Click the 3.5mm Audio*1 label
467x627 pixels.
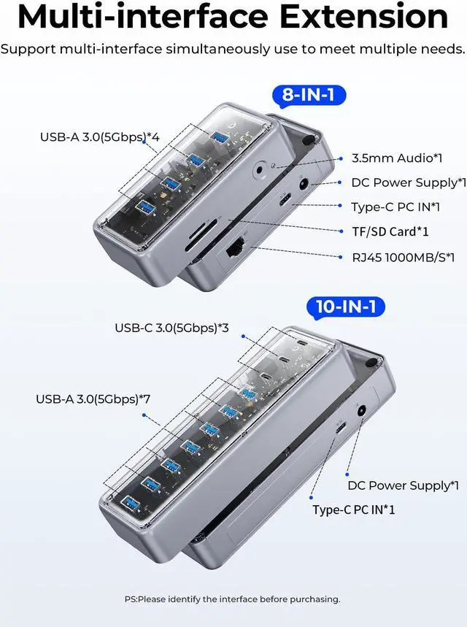pos(397,158)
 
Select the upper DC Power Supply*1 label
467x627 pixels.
pos(409,182)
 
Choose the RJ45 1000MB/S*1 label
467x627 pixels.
pos(403,256)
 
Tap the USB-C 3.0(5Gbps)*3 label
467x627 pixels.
pos(171,328)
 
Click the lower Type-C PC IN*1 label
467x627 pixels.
pos(354,509)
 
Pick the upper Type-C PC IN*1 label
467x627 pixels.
pos(395,207)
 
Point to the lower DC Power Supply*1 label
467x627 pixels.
pos(403,485)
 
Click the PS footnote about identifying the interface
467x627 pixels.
pos(232,599)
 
